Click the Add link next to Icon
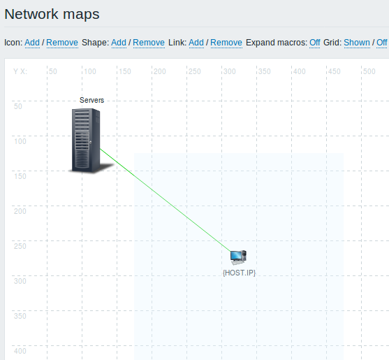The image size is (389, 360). tap(32, 43)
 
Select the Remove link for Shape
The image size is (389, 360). tap(149, 43)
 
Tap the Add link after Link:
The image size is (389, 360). tap(196, 43)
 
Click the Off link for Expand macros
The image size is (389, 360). tap(314, 43)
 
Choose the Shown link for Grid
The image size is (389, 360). tap(357, 43)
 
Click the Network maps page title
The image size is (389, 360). tap(52, 14)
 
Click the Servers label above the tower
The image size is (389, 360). tap(91, 100)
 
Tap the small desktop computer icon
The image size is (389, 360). tap(238, 257)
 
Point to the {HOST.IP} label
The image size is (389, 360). tap(239, 273)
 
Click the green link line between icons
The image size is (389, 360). tap(166, 200)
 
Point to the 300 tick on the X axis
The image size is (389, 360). tap(230, 71)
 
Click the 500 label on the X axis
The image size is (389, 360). tap(369, 71)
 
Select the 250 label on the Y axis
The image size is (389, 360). tap(20, 246)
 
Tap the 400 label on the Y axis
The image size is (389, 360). tap(20, 351)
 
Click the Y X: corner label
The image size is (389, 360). tap(20, 71)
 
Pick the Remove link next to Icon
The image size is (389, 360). tap(62, 43)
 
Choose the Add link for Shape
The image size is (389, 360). tap(119, 43)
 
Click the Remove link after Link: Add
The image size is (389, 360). tap(226, 43)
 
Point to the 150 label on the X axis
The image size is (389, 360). tap(125, 71)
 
